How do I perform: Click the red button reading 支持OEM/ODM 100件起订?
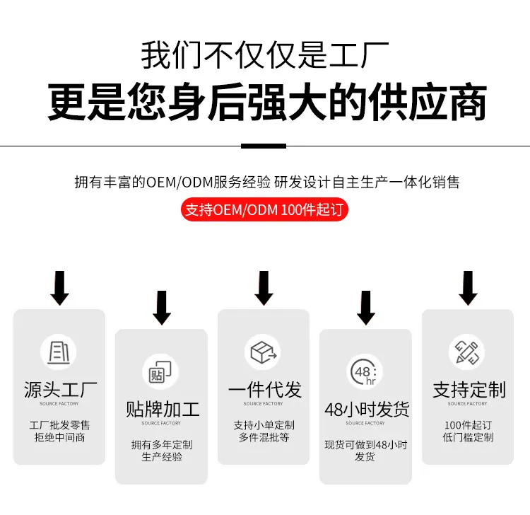[x=264, y=209]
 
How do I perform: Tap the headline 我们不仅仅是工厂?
[x=265, y=55]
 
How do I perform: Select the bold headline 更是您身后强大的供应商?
[x=267, y=101]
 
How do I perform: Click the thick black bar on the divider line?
[x=264, y=146]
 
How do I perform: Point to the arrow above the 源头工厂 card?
[x=60, y=288]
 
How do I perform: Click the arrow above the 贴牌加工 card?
[x=162, y=308]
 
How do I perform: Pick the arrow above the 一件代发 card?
[x=264, y=288]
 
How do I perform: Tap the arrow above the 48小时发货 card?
[x=366, y=308]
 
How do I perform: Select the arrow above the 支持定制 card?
[x=468, y=288]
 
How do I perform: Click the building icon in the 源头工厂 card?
[x=59, y=352]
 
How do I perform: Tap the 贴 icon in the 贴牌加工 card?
[x=160, y=372]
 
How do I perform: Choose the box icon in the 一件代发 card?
[x=264, y=352]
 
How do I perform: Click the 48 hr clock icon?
[x=364, y=372]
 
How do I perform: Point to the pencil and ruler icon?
[x=467, y=352]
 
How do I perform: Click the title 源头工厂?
[x=60, y=390]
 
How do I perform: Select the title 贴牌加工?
[x=163, y=410]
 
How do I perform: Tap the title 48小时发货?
[x=366, y=410]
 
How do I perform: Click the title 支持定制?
[x=469, y=390]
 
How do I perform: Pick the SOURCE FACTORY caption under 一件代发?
[x=263, y=404]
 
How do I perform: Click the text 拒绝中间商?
[x=59, y=437]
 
